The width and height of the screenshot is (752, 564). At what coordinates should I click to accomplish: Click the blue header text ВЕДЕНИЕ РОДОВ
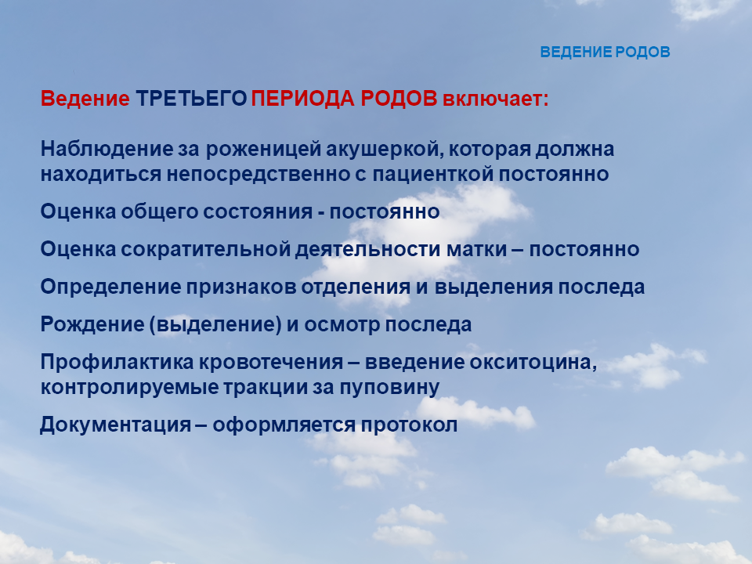point(605,52)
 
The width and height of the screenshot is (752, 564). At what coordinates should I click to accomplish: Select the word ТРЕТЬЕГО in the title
point(191,99)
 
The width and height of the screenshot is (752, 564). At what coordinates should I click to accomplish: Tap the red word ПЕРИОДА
point(303,99)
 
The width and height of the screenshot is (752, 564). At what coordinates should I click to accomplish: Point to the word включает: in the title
point(495,99)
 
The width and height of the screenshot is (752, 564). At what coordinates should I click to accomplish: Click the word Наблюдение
point(107,149)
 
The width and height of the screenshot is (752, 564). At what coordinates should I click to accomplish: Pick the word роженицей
point(263,150)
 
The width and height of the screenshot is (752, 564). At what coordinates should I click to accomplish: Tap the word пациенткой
point(433,174)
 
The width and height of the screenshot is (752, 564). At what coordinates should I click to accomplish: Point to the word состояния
point(258,211)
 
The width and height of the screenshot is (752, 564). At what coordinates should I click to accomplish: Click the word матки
point(477,249)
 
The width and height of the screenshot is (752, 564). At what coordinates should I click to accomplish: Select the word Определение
point(110,287)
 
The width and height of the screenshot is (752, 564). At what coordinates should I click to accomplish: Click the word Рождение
point(92,324)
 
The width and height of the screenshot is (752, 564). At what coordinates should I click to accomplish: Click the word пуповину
point(389,387)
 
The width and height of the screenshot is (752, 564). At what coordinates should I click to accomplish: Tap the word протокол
point(409,425)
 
